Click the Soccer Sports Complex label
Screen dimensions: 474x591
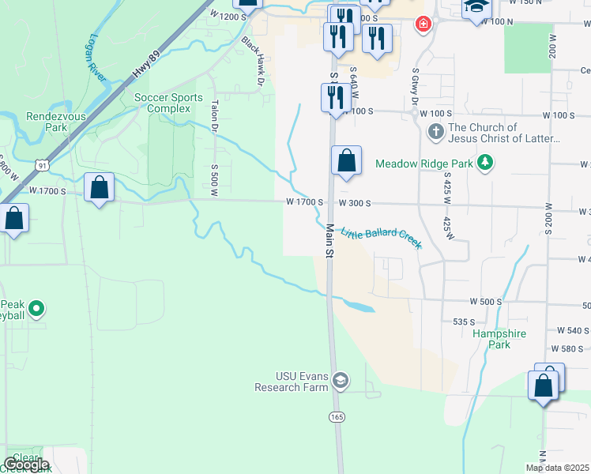click(x=168, y=103)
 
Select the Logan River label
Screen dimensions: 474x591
click(x=96, y=57)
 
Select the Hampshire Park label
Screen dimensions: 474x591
click(x=499, y=339)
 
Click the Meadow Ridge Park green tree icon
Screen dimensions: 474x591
click(x=485, y=164)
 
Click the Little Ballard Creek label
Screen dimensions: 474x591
click(x=381, y=238)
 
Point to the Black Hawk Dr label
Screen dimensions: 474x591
click(x=253, y=60)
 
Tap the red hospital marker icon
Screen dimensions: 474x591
click(x=424, y=24)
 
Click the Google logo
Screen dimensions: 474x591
click(x=26, y=465)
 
